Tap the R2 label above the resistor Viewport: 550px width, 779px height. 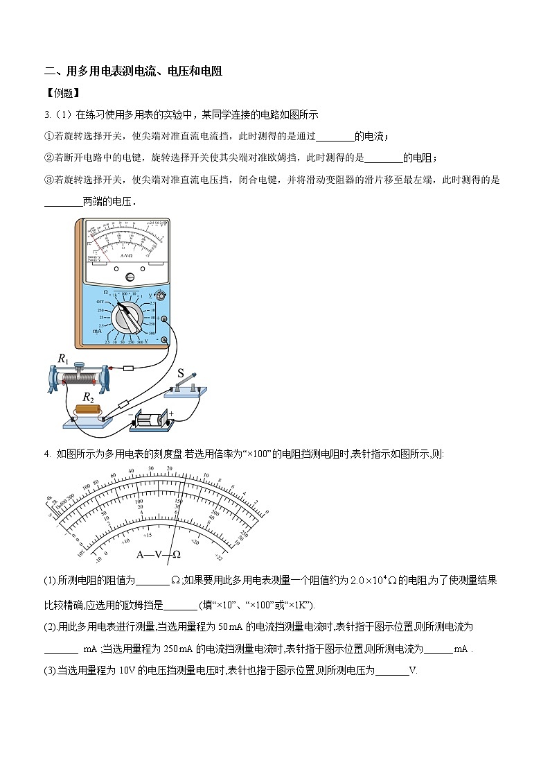point(89,397)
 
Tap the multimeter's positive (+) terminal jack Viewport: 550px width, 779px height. point(165,318)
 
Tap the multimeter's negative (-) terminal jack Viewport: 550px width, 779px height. point(164,340)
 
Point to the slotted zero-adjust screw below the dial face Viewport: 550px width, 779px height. point(129,277)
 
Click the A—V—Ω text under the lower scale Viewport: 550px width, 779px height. point(159,554)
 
